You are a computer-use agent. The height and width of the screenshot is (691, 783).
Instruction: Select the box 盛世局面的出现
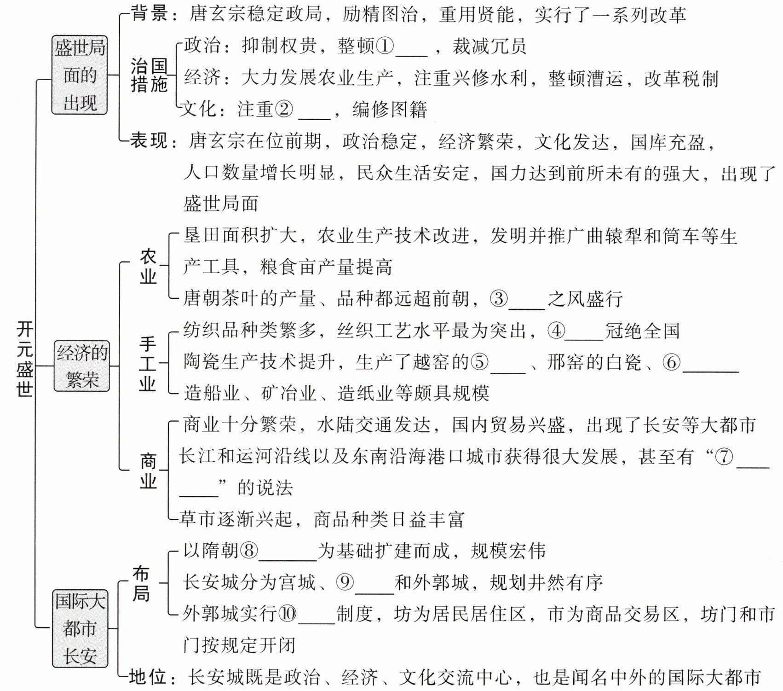pos(80,75)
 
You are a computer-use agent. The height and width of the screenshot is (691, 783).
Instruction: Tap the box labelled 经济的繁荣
pos(82,366)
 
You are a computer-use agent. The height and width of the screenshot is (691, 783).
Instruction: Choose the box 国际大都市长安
pos(80,628)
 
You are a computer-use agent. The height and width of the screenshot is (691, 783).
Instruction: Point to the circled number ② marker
pos(284,109)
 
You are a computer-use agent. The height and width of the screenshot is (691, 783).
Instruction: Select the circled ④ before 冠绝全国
pos(556,331)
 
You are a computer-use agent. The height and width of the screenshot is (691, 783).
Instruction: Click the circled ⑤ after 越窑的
pos(480,362)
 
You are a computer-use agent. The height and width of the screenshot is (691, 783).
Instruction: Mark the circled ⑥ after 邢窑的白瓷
pos(671,362)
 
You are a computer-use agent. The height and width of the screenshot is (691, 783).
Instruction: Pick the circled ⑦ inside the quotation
pos(724,457)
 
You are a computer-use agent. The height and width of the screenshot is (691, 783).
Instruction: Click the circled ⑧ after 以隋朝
pos(248,551)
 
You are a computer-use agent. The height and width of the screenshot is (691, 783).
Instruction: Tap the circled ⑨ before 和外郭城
pos(345,582)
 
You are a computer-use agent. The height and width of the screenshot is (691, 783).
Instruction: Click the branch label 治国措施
pos(149,75)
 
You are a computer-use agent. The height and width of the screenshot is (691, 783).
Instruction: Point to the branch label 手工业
pos(148,364)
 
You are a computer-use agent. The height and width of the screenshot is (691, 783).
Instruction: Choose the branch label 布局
pos(141,584)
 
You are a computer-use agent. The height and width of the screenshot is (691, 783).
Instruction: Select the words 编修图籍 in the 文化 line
pos(390,110)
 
